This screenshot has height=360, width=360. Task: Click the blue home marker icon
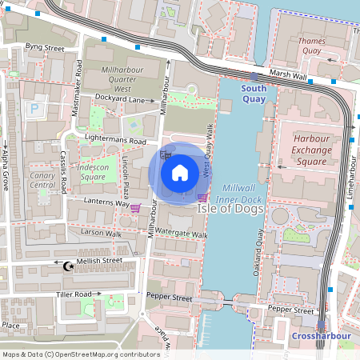tap(180, 171)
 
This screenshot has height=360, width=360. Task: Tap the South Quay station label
tap(254, 94)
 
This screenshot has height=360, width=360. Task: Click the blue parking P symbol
tap(34, 107)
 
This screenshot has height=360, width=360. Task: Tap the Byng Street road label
tap(44, 48)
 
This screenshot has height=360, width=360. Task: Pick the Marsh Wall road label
tap(288, 75)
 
